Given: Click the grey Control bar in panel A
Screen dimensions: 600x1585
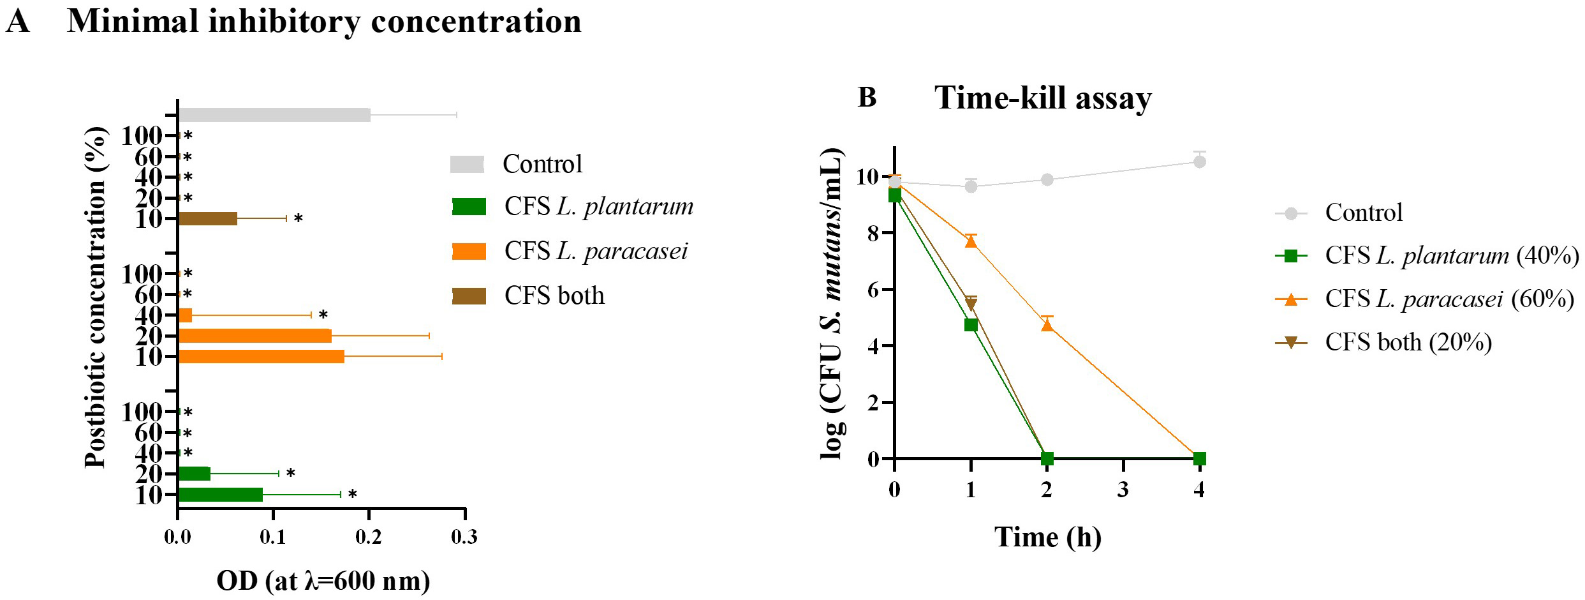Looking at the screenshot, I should tap(274, 115).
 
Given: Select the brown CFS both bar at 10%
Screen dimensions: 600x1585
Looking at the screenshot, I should tap(208, 219).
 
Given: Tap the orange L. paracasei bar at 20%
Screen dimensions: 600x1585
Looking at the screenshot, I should tap(255, 336).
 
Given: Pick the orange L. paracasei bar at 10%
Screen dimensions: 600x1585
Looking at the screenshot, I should tap(262, 356).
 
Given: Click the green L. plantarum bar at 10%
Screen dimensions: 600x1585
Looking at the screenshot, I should tap(221, 495).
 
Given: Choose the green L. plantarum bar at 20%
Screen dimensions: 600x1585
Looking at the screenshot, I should tap(195, 474).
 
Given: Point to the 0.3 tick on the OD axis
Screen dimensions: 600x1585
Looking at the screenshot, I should tap(464, 537).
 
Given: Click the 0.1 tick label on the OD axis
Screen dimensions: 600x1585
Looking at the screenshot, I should tap(273, 537).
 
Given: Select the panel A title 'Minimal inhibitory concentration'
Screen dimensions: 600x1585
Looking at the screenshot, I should tap(324, 22).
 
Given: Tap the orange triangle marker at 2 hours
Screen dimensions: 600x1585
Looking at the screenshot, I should tap(1047, 325).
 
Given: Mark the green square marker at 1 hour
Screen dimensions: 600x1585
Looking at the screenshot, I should tap(971, 325).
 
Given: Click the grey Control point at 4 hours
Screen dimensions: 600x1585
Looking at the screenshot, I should tap(1199, 162).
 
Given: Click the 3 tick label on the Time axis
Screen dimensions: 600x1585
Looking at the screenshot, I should tap(1123, 490).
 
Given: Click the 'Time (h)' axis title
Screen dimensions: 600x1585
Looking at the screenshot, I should tap(1047, 537).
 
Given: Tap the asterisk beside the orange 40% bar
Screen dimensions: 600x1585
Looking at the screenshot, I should tap(323, 315).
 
